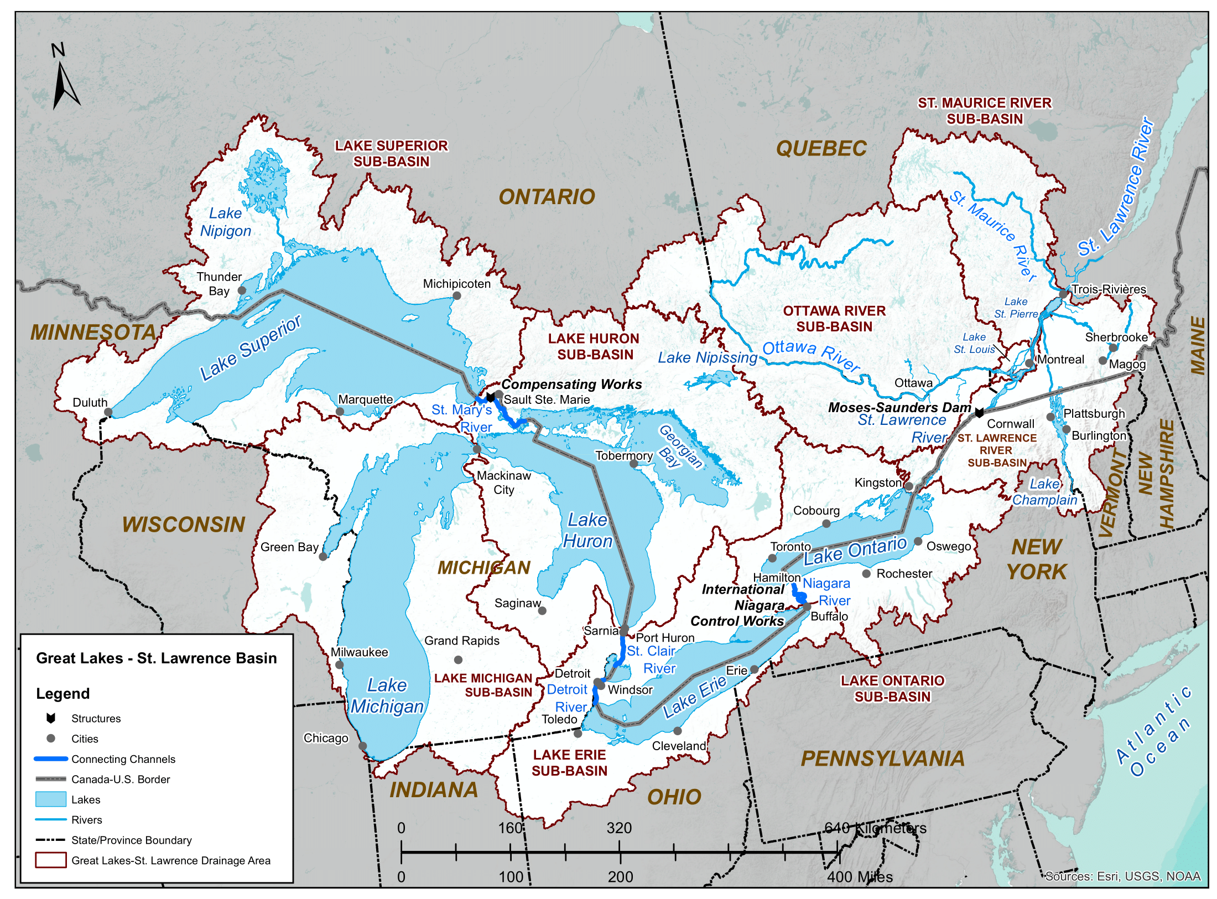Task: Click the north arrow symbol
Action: click(x=65, y=83)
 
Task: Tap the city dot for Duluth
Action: click(x=108, y=412)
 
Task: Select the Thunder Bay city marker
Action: click(x=242, y=290)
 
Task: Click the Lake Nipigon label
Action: click(x=225, y=222)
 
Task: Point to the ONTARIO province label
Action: click(x=547, y=197)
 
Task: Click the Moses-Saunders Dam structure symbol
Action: click(x=979, y=413)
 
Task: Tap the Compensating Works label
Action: click(x=571, y=384)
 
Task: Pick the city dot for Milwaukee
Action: click(x=339, y=665)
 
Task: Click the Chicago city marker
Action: click(x=363, y=746)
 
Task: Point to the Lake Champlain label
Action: click(x=1044, y=492)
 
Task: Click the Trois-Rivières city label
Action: click(x=1109, y=289)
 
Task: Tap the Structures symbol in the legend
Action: click(x=51, y=718)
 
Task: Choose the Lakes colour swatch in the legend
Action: click(x=50, y=799)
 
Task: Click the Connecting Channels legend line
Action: click(x=50, y=759)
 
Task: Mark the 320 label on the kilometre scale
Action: click(x=618, y=828)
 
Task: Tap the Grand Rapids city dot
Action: click(x=458, y=660)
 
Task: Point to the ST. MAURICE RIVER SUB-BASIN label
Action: click(x=985, y=111)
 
